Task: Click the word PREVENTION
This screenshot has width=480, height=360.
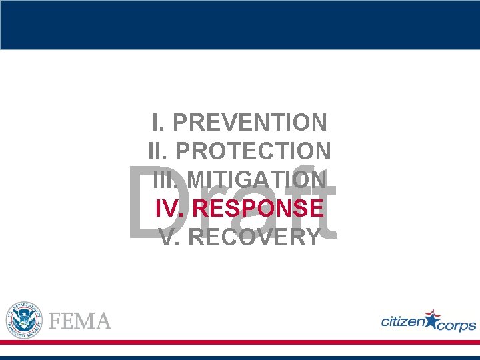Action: tap(250, 123)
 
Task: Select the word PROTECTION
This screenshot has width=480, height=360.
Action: tap(253, 151)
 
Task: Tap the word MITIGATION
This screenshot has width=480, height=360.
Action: tap(257, 180)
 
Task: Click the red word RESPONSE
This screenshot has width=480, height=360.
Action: tap(258, 208)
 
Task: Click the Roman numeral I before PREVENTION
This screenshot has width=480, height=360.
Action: tap(157, 123)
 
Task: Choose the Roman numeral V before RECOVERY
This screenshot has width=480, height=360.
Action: tap(169, 237)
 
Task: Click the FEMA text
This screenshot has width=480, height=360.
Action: tap(81, 321)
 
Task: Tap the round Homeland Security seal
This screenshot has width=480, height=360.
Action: tap(24, 319)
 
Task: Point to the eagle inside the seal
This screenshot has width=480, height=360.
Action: tap(24, 319)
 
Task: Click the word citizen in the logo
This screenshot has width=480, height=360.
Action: tap(402, 321)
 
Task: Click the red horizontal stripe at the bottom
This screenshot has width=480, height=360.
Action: tap(240, 342)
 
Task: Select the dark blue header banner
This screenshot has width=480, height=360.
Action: tap(240, 25)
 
